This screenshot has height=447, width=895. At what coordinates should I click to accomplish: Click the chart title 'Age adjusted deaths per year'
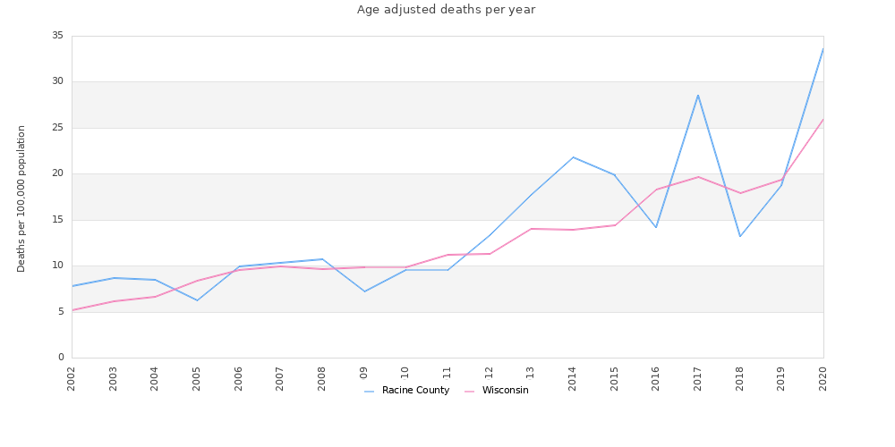[x=446, y=10]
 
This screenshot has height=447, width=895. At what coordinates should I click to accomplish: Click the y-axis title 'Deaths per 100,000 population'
[x=21, y=198]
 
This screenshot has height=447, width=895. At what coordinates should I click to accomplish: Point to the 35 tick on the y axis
[x=57, y=36]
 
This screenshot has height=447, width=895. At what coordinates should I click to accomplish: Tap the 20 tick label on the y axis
[x=57, y=173]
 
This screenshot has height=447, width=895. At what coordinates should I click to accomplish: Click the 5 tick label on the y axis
[x=61, y=312]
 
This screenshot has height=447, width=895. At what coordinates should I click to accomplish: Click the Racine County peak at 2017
[x=698, y=96]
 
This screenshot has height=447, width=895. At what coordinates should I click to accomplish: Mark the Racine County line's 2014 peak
[x=573, y=157]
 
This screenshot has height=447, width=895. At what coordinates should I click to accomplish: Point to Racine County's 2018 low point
[x=740, y=236]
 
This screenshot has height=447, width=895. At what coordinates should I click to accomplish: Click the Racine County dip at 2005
[x=197, y=300]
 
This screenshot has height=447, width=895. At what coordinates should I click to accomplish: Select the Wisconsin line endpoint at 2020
[x=823, y=119]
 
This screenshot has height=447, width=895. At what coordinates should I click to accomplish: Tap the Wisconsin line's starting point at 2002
[x=72, y=310]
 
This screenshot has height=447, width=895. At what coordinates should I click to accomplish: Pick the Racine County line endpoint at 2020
[x=823, y=48]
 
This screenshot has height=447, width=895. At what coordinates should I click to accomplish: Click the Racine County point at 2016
[x=656, y=227]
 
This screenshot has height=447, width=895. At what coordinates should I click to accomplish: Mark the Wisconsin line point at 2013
[x=531, y=229]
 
